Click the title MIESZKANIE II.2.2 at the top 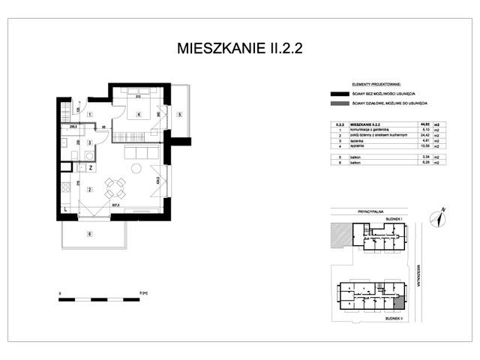pos(239,49)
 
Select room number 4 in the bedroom pos(139,115)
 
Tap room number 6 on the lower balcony pos(90,235)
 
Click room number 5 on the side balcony pos(180,115)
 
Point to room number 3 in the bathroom pos(89,142)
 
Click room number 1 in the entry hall pos(89,114)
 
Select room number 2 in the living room pos(89,190)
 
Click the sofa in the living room pos(142,153)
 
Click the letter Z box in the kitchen pos(90,169)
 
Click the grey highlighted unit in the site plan pos(399,302)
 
